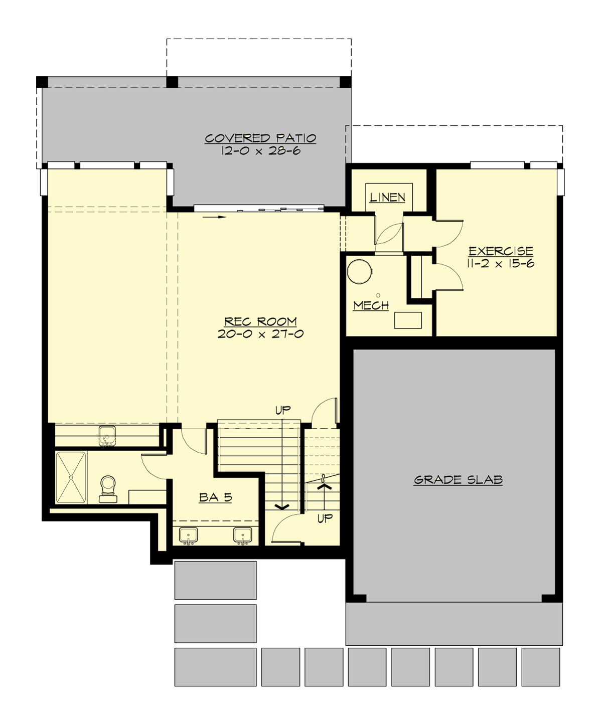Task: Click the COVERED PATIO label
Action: coord(260,138)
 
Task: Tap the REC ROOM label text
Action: coord(260,321)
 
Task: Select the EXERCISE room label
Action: coord(500,251)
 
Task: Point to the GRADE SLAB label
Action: coord(458,480)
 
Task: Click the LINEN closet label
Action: coord(387,197)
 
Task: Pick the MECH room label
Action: coord(371,305)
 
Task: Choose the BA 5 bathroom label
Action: coord(215,497)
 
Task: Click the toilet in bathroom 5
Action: coord(108,488)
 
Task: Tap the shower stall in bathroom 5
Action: coord(71,477)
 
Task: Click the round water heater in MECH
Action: coord(360,272)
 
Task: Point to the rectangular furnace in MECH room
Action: coord(407,320)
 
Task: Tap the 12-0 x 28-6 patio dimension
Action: coord(260,150)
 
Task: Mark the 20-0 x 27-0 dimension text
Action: coord(260,334)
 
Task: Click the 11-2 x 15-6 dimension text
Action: coord(500,263)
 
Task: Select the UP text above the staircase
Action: coord(282,410)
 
